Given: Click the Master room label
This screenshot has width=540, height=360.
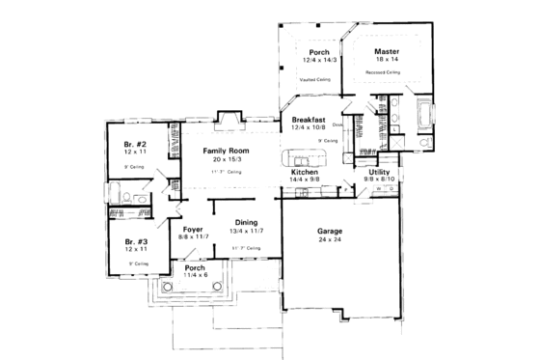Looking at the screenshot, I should (389, 51).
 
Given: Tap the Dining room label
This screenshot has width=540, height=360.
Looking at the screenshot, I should (247, 223).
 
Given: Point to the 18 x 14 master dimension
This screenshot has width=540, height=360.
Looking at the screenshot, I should (389, 60).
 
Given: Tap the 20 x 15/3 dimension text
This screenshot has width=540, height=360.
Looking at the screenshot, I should (228, 159).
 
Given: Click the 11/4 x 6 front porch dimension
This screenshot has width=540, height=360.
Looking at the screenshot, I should (196, 276).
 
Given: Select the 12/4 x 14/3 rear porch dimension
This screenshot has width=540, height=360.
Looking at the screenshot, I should (319, 60).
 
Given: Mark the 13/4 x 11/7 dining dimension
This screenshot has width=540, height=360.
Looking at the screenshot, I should (247, 232).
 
